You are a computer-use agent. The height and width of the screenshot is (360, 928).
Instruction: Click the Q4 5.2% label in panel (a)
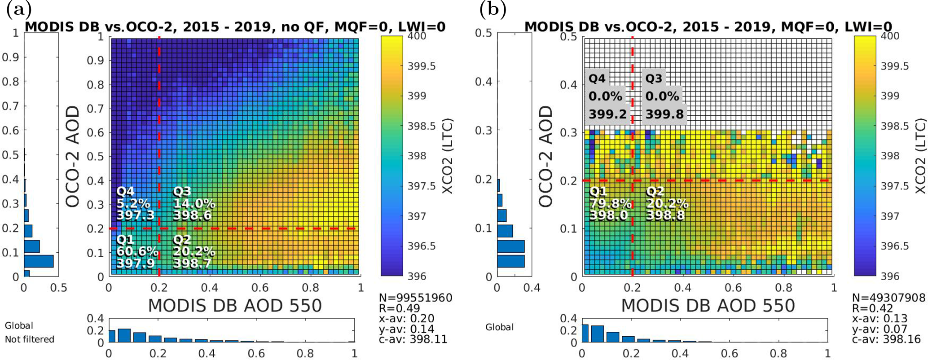134,204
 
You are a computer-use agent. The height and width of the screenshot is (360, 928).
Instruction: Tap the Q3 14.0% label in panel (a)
194,204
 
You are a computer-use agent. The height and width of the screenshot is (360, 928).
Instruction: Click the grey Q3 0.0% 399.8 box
663,97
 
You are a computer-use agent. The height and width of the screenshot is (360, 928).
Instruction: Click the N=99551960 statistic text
416,298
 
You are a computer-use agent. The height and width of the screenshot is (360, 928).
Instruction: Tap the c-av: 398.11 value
413,339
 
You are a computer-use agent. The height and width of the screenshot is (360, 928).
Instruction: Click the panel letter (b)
493,9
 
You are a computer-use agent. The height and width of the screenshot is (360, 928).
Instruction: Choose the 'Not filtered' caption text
30,339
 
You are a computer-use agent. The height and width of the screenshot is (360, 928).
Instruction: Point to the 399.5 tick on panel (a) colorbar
421,66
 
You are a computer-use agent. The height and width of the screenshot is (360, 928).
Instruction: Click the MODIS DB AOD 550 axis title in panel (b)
708,306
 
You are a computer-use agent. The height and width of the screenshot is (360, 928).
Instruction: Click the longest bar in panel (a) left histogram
39,261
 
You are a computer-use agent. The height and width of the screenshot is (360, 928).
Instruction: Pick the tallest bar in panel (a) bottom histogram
124,336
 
